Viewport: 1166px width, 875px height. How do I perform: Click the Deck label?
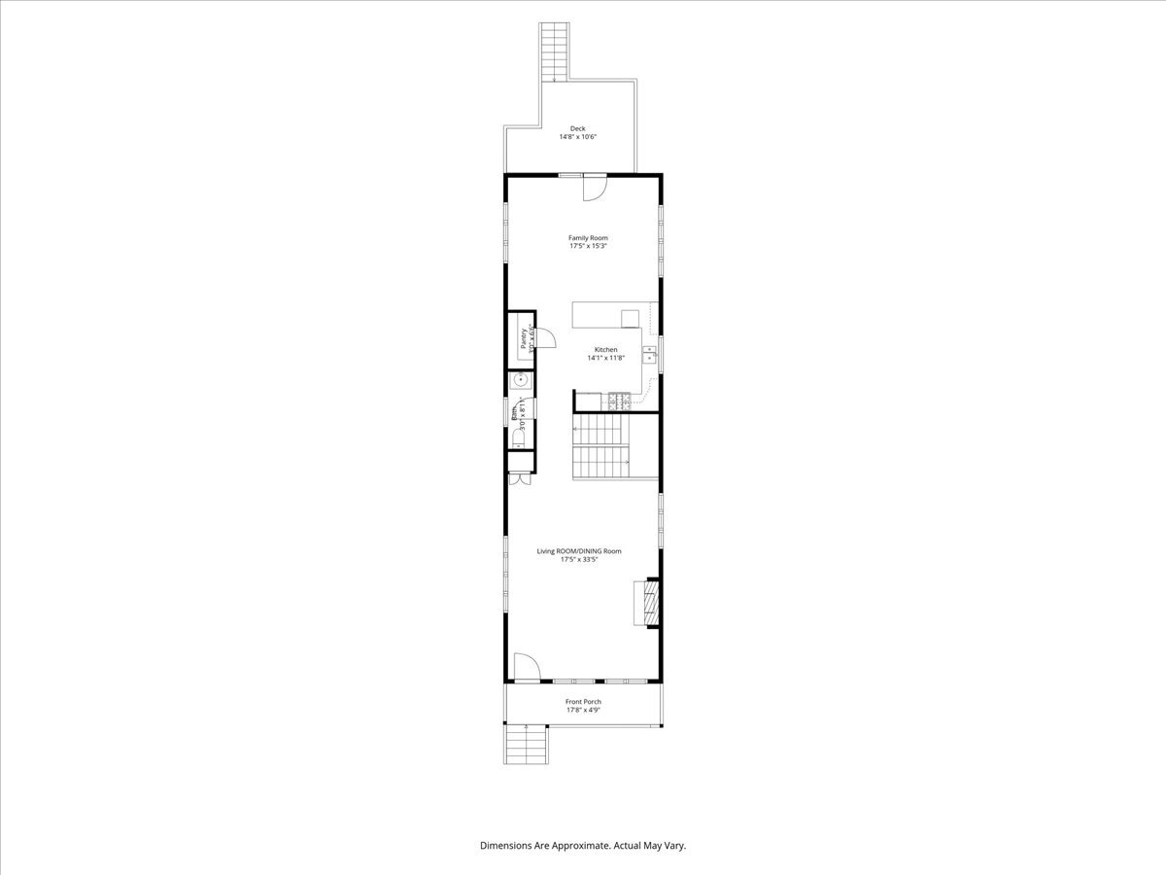coord(577,128)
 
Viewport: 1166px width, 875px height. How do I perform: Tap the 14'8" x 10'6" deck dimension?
coord(577,137)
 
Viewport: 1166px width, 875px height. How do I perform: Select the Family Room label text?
coord(588,237)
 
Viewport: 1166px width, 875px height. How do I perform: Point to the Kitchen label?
coord(605,350)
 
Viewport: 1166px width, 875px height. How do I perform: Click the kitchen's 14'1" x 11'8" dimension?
coord(605,358)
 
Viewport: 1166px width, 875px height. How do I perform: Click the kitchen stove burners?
coord(618,400)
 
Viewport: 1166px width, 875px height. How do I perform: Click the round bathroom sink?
coord(520,379)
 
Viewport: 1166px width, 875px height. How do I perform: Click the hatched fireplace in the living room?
coord(646,603)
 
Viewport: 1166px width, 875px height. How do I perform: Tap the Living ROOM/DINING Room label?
coord(579,551)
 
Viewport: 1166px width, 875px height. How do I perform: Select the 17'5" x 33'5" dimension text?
coord(579,560)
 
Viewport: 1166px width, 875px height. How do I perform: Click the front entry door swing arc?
coord(526,666)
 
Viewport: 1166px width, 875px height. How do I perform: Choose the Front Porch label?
coord(583,701)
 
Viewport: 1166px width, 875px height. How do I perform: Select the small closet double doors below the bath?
coord(520,478)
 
